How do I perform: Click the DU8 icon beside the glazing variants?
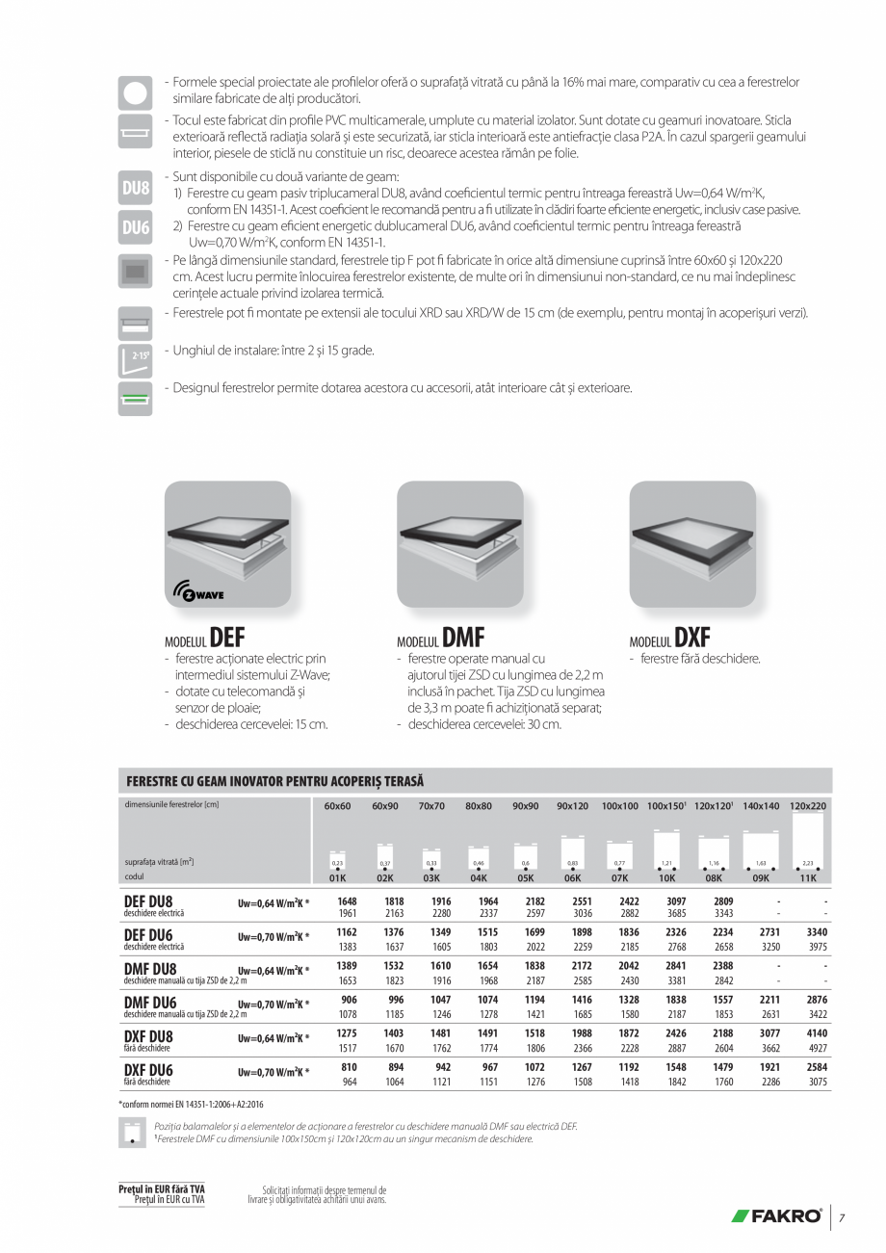(135, 188)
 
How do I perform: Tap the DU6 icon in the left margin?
(135, 227)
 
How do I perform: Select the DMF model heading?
(440, 639)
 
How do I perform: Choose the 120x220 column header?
(807, 805)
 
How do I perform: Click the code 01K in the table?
(337, 877)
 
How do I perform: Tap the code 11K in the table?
(807, 877)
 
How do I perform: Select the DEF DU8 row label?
(148, 901)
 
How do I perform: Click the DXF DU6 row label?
(148, 1070)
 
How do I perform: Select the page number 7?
(842, 1218)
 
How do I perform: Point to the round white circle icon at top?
(135, 91)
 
